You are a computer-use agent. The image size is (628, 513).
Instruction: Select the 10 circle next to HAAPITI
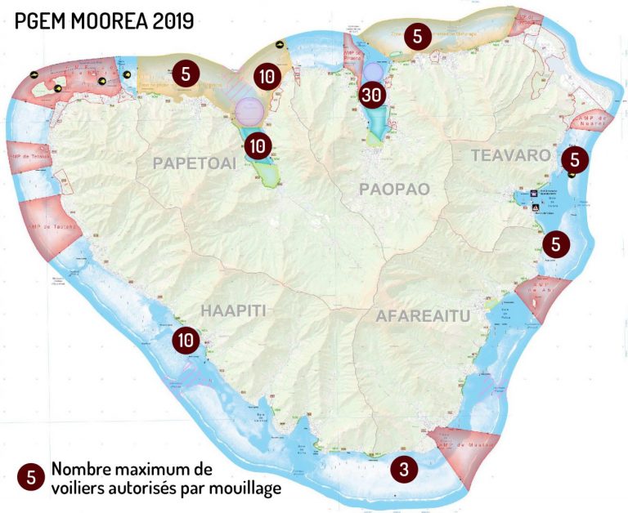[x=186, y=338]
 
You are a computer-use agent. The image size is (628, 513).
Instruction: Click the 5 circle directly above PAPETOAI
[x=186, y=73]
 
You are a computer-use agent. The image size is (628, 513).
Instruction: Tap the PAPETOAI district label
[x=195, y=163]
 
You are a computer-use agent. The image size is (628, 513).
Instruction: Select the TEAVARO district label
[x=510, y=154]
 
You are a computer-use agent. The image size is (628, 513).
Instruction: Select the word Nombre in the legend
[x=81, y=470]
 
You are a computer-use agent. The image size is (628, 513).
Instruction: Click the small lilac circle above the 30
[x=373, y=72]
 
